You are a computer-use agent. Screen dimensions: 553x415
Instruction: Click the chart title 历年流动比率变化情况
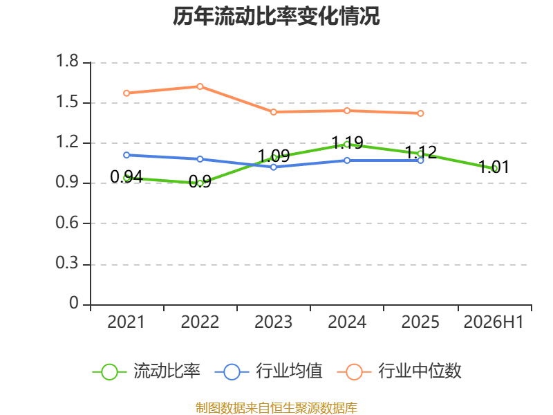276,16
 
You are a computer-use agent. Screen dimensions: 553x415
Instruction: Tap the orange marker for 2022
200,86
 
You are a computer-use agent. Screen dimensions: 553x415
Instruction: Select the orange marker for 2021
126,93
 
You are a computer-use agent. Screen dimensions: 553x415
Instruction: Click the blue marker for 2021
126,155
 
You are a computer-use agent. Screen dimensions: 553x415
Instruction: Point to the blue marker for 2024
347,160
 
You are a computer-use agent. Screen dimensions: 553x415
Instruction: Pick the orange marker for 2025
420,113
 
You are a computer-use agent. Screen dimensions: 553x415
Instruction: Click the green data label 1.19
348,142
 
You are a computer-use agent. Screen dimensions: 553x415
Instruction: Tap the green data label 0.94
126,177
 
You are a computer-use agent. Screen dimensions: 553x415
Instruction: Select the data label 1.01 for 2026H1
494,167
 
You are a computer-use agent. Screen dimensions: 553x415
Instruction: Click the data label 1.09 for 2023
274,156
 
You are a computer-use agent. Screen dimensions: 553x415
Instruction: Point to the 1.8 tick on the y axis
67,61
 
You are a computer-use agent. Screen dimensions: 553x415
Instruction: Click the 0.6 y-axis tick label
67,223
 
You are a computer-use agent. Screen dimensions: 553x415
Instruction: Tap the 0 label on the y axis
74,303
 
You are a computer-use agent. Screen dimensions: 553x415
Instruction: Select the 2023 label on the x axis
273,322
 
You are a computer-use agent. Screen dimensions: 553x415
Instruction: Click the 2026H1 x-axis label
494,322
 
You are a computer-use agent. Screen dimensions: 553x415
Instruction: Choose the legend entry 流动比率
147,371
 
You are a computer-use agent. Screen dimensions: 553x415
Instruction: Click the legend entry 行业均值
269,371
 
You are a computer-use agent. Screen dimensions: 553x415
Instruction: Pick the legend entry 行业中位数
400,371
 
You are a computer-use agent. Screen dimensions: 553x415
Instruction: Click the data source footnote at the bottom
276,408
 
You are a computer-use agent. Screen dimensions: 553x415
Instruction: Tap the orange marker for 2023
273,112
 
